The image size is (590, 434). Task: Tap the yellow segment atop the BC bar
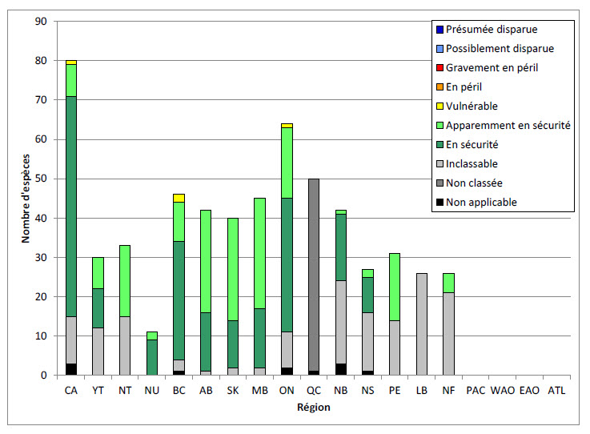coord(179,198)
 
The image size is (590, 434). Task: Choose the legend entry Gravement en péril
coord(492,68)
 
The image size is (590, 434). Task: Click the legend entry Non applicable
coord(481,203)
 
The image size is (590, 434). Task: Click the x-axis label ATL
coord(556,391)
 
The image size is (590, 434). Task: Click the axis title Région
coord(314,407)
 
